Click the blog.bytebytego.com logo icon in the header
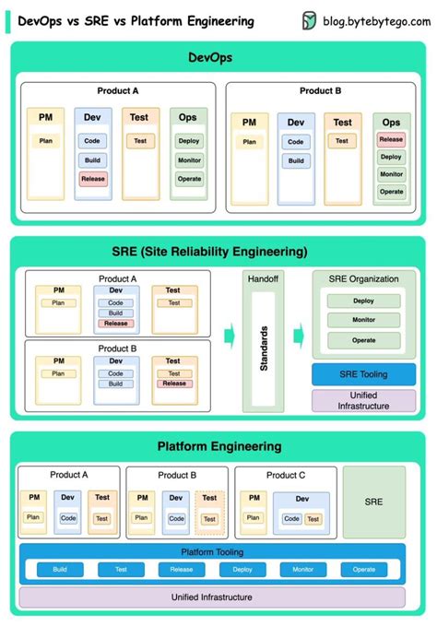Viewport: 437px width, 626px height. (x=311, y=21)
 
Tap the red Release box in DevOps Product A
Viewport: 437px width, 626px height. (x=92, y=179)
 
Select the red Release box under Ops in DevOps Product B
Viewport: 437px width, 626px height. (x=392, y=140)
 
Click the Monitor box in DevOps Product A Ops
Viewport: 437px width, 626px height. (x=189, y=159)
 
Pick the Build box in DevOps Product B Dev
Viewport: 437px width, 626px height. (x=296, y=160)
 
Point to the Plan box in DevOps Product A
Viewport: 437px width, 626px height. (x=45, y=141)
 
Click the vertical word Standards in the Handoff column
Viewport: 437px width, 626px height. (x=264, y=348)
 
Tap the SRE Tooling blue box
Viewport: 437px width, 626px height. (x=363, y=374)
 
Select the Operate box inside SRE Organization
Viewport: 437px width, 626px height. (x=363, y=340)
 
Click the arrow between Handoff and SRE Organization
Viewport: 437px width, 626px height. (x=299, y=334)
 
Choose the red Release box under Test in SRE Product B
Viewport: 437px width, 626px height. (x=173, y=384)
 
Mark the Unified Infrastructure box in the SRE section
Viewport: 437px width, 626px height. (x=363, y=400)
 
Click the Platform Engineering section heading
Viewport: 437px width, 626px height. (x=218, y=446)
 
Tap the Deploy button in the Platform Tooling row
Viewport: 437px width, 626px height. (x=242, y=570)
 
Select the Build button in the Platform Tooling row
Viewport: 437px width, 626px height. (x=60, y=570)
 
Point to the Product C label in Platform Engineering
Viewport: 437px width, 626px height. (x=286, y=475)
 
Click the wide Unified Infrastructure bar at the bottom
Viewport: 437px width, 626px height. (x=211, y=597)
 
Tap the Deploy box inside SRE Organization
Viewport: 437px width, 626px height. (x=363, y=301)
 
